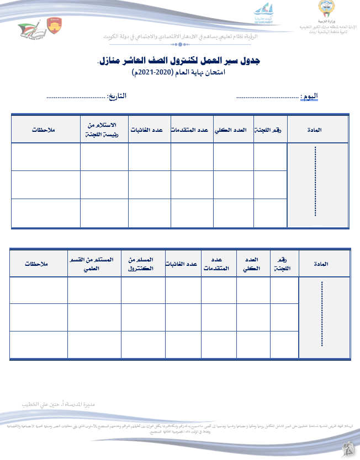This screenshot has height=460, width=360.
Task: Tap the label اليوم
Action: coord(309,96)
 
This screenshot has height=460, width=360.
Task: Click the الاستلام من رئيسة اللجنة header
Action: coord(104,129)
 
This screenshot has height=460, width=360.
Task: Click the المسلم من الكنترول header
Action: coord(142,264)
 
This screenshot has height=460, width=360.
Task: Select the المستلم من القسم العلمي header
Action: coord(94,264)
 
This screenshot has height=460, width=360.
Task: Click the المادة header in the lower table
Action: coord(324,264)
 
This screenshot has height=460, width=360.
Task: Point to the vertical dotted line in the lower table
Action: coord(322,314)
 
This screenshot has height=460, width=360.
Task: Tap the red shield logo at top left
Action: coord(55,25)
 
